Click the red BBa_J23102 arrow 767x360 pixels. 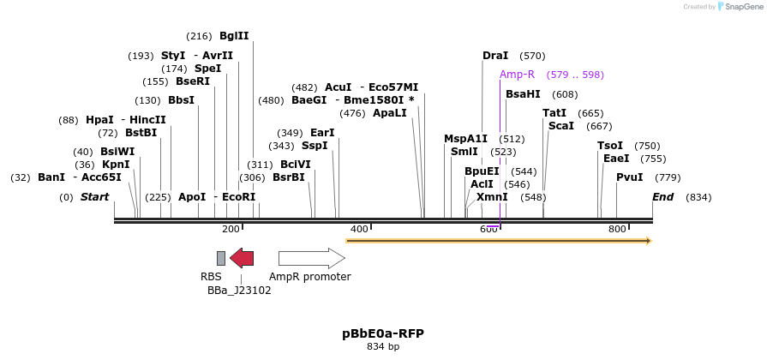(242, 258)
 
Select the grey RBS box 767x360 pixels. (221, 258)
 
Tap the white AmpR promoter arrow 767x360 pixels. (311, 258)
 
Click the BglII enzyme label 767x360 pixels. (234, 36)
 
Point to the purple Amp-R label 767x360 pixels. (518, 75)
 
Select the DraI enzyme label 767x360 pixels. (495, 56)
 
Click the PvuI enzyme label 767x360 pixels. (630, 177)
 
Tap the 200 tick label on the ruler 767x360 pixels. (231, 229)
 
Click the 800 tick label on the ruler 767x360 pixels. (617, 229)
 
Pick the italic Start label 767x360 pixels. (94, 197)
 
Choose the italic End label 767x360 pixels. (662, 197)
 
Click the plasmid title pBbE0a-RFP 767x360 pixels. (383, 333)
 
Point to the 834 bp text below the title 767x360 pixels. (383, 347)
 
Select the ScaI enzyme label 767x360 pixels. (561, 126)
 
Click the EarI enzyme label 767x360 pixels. (322, 133)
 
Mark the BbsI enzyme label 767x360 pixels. (181, 100)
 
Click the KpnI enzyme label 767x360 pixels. (116, 165)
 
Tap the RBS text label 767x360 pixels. (211, 277)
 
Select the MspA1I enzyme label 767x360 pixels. (465, 139)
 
